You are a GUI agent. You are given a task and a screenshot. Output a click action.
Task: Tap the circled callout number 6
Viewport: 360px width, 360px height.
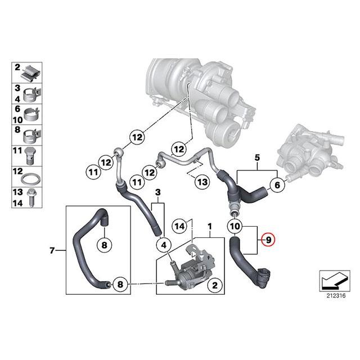(276, 184)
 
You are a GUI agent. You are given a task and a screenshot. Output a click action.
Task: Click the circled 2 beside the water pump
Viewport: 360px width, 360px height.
(214, 286)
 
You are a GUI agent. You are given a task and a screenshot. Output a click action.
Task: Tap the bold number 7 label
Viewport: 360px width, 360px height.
(52, 250)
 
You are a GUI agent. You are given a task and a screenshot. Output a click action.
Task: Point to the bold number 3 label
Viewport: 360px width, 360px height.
(158, 192)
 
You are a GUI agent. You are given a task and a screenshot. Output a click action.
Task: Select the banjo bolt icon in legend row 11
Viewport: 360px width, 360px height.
(30, 154)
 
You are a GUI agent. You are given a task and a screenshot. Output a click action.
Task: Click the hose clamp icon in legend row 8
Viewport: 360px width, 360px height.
(30, 134)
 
